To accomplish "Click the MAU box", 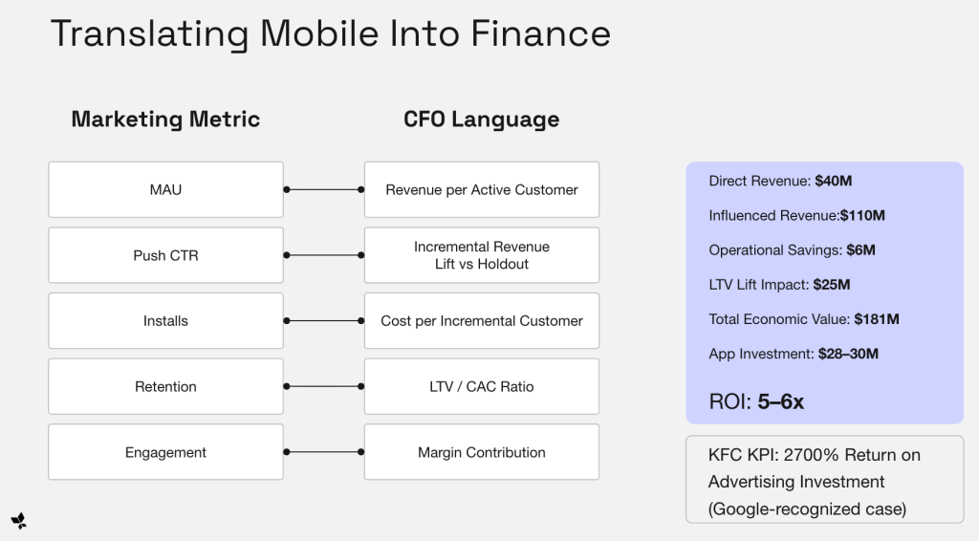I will click(165, 189).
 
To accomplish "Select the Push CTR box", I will click(165, 255).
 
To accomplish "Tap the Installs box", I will click(165, 321).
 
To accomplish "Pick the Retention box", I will click(165, 386).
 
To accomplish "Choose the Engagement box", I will click(165, 452).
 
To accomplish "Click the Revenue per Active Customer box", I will click(482, 189).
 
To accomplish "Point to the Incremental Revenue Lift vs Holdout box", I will click(482, 255).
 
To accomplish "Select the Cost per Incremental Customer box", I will click(482, 321).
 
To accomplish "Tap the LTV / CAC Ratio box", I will click(482, 386).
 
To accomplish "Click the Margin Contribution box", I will click(482, 452).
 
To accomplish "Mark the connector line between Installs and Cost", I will click(324, 321).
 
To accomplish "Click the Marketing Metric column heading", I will click(165, 119).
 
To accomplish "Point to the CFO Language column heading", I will click(482, 119).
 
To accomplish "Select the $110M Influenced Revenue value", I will click(862, 215).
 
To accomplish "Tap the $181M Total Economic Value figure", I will click(876, 319).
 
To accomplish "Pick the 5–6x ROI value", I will click(781, 402).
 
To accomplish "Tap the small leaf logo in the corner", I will click(18, 520).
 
